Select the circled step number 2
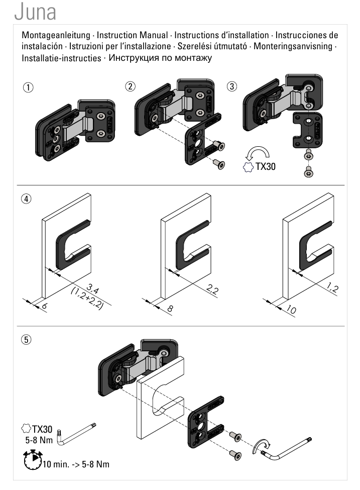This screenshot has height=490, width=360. [x=131, y=86]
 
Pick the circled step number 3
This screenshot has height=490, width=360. [x=232, y=86]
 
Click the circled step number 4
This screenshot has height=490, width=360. [x=26, y=199]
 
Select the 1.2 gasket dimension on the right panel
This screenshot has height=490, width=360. [x=332, y=287]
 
